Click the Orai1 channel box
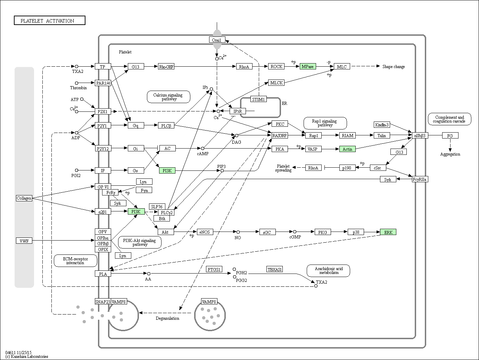(217, 40)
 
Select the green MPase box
(308, 66)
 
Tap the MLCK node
(276, 83)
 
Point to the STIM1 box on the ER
(258, 99)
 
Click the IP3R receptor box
(238, 111)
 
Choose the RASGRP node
(280, 135)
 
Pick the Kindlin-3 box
(382, 125)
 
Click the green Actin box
(347, 149)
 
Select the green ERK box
(388, 232)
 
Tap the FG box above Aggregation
(450, 135)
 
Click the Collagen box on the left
(24, 198)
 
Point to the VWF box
(24, 241)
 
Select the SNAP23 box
(103, 302)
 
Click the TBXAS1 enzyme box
(274, 269)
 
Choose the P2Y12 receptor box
(103, 149)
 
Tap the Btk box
(162, 218)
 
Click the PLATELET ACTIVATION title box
(50, 20)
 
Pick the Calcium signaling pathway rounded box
(168, 97)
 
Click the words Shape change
(394, 67)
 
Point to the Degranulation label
(167, 318)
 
